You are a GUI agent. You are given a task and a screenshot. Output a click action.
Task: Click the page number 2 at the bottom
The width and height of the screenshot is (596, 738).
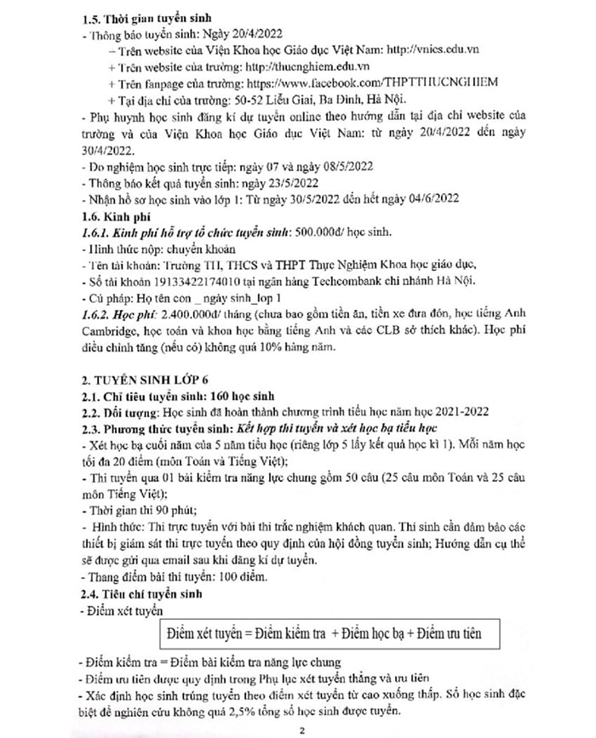point(298,729)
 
